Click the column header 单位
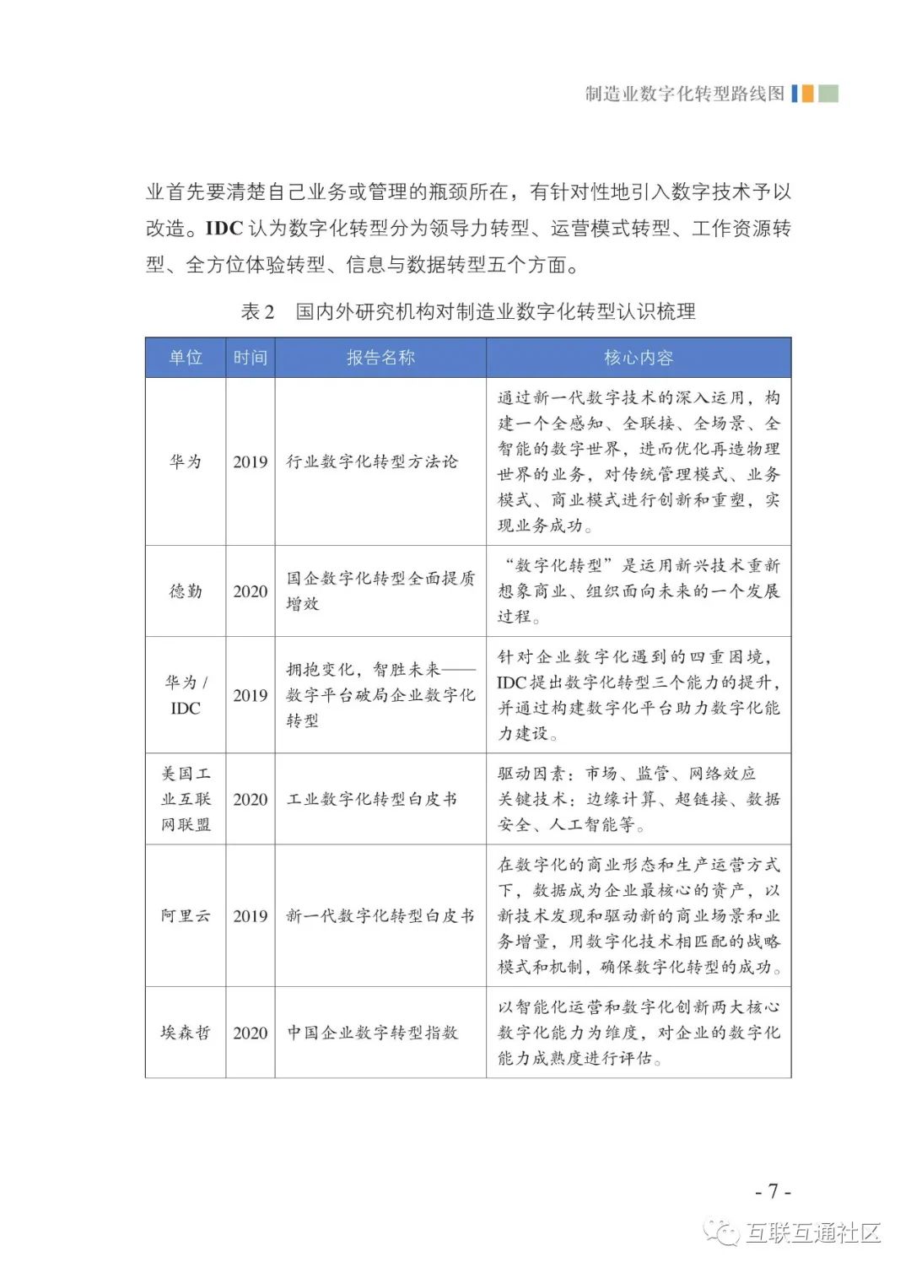(x=186, y=358)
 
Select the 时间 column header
(x=250, y=358)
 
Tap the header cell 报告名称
(x=380, y=358)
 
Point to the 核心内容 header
(x=639, y=358)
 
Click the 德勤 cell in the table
(x=186, y=591)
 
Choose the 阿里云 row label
(x=186, y=916)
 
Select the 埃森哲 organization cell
(x=186, y=1033)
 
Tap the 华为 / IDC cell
(x=186, y=695)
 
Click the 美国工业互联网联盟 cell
(x=186, y=799)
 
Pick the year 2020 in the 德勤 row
(x=250, y=591)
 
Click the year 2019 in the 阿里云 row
(x=250, y=916)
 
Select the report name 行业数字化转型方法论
(x=372, y=461)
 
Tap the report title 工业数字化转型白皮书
(x=372, y=799)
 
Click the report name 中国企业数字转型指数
(x=372, y=1033)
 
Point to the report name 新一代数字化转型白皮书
(x=380, y=916)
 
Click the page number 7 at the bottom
(x=773, y=1191)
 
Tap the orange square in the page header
(x=807, y=93)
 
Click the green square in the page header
(x=828, y=93)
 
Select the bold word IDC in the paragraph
(x=224, y=229)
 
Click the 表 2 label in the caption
(x=258, y=312)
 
